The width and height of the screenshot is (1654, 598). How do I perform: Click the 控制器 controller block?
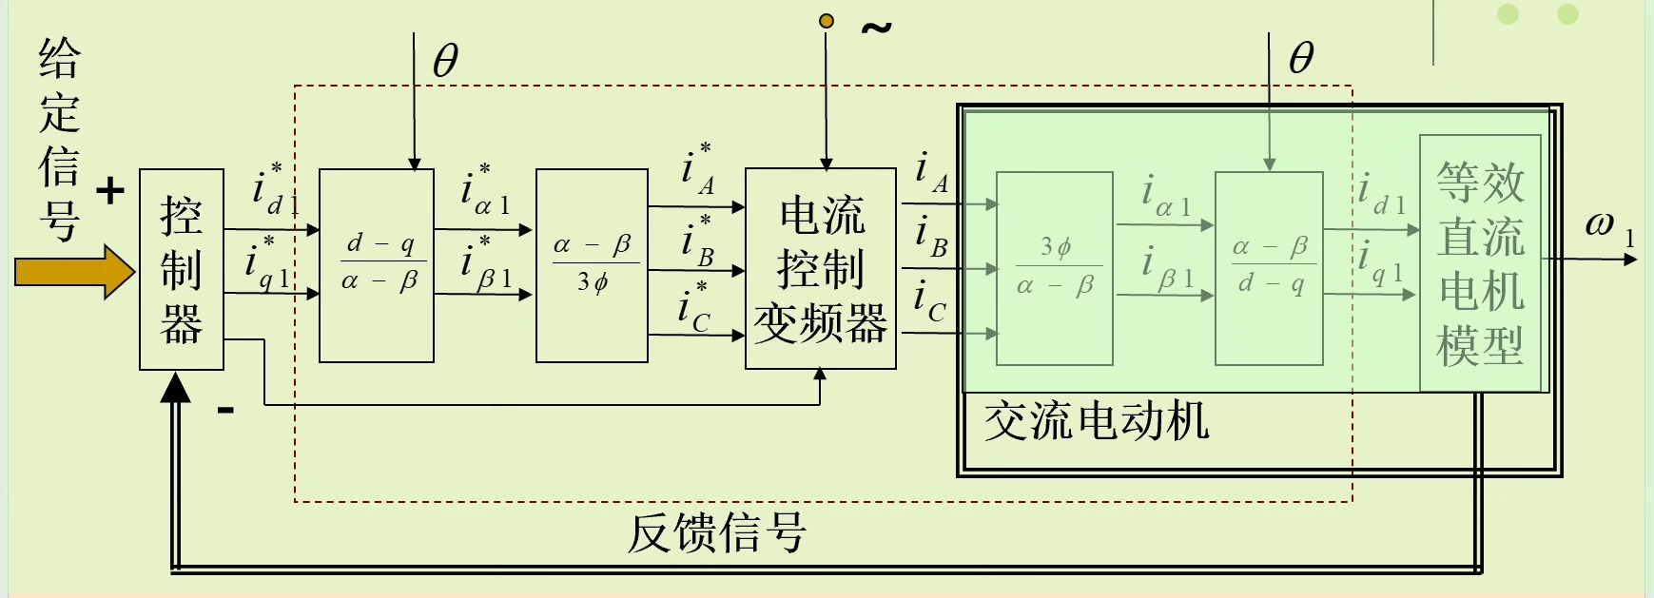pos(182,269)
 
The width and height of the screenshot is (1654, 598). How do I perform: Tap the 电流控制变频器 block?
pos(820,269)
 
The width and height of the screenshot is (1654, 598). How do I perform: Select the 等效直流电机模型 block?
pos(1479,263)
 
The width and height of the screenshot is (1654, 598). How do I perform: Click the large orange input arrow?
pos(74,272)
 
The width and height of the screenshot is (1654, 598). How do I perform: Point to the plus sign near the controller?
pos(110,191)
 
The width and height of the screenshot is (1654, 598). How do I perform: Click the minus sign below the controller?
pos(225,411)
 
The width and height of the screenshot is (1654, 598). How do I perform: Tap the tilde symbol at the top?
pos(876,29)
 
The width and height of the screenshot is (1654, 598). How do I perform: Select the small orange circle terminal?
pos(827,21)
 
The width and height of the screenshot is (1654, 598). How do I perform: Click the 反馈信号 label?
pos(716,532)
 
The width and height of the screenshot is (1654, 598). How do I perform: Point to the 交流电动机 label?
pos(1096,421)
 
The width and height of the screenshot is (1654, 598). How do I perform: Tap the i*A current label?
pos(697,169)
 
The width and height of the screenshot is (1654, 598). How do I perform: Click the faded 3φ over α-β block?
pos(1054,268)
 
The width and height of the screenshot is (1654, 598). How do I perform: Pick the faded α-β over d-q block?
pos(1269,268)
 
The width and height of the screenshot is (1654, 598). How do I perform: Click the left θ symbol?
pos(445,62)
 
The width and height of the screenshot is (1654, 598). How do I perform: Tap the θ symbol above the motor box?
pos(1301,59)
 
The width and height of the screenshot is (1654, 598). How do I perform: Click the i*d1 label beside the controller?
pos(273,189)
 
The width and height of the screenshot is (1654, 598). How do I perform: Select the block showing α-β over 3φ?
pos(592,265)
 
